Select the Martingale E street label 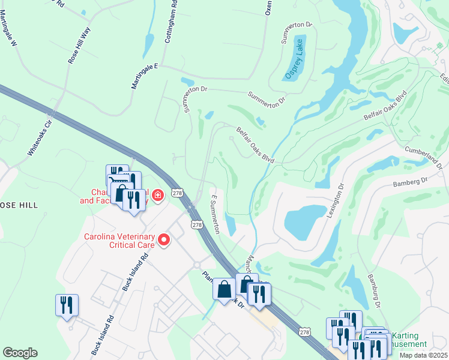[x=144, y=76]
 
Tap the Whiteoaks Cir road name [x=41, y=135]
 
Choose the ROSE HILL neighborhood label [x=19, y=205]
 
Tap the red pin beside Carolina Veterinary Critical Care [x=163, y=241]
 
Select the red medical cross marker [x=158, y=196]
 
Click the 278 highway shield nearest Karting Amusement [x=305, y=332]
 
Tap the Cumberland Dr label [x=427, y=153]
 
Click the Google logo [x=20, y=352]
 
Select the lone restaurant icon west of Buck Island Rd [x=67, y=305]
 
